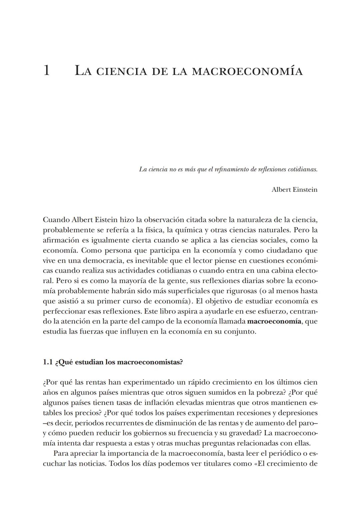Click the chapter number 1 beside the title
point(47,71)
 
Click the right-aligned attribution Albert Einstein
point(294,190)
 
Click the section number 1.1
point(48,362)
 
